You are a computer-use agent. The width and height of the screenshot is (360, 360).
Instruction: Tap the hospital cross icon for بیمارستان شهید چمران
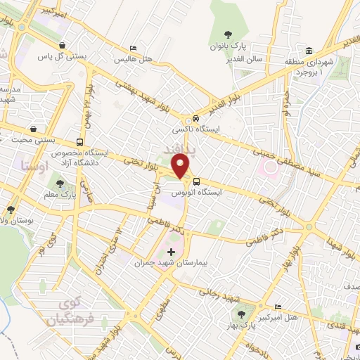(x=171, y=251)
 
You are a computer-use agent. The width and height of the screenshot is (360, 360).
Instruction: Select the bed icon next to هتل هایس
(x=133, y=49)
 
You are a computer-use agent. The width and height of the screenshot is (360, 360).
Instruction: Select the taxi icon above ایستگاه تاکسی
(x=197, y=119)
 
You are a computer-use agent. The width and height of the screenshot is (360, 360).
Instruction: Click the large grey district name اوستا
(x=34, y=167)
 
